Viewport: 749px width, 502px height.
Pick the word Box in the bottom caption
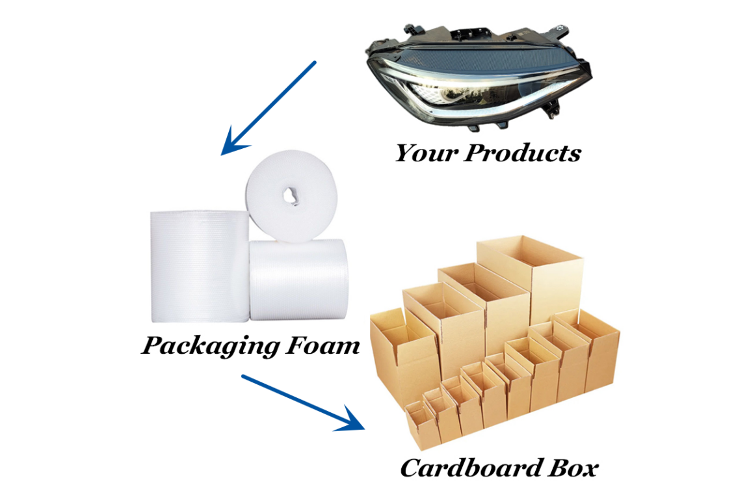(572, 468)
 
